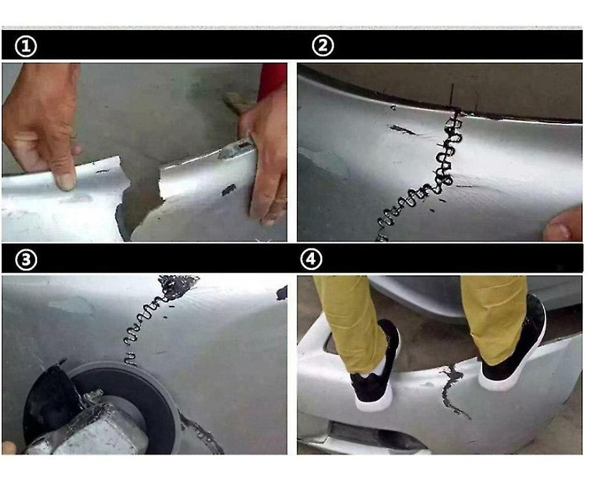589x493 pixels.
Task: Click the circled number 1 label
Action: point(26,47)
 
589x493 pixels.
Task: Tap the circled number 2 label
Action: point(323,46)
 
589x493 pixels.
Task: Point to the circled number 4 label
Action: point(311,259)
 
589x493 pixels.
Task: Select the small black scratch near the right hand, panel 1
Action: point(228,190)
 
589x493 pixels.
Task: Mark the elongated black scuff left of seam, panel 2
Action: point(402,130)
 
